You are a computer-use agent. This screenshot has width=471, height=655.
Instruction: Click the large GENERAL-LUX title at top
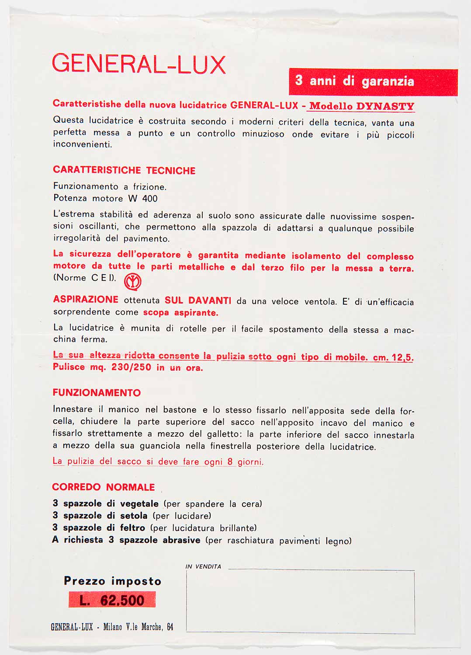tap(139, 65)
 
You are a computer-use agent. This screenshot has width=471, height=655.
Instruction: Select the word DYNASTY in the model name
tap(385, 106)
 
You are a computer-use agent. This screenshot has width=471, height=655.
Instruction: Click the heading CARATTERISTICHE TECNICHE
tap(124, 170)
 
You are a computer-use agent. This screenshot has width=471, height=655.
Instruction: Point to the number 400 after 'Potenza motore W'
tap(150, 199)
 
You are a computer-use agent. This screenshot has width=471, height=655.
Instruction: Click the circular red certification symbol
tap(133, 282)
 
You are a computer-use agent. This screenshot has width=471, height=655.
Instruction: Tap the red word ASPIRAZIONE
tap(86, 300)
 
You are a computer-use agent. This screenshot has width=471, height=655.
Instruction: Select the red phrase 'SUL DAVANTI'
tap(198, 300)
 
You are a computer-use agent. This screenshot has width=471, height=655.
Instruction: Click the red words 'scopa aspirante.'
tap(180, 313)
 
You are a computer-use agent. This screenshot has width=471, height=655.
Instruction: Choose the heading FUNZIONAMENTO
tap(97, 393)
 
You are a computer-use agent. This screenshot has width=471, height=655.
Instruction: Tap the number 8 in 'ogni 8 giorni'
tap(230, 462)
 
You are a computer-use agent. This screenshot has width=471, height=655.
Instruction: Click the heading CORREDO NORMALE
tap(104, 487)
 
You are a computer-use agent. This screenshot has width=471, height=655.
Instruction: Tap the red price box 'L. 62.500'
tap(112, 600)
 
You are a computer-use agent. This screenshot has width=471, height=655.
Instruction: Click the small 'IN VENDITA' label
tap(203, 566)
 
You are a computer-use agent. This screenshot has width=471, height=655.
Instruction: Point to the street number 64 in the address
tap(170, 627)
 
